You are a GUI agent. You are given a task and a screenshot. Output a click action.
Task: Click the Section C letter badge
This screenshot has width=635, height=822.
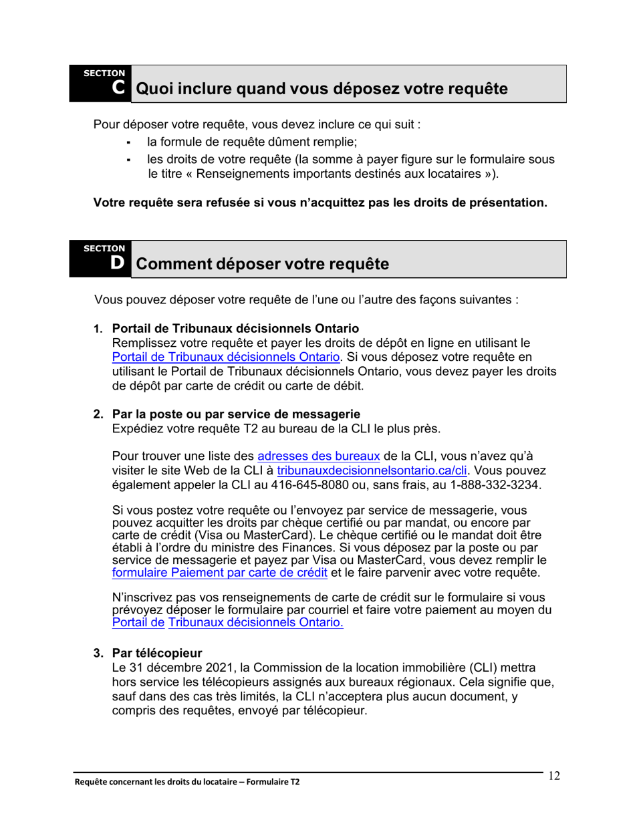118,88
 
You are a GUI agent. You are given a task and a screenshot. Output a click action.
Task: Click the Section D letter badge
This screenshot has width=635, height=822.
118,263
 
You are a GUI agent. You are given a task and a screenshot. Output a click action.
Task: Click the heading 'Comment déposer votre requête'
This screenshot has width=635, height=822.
262,264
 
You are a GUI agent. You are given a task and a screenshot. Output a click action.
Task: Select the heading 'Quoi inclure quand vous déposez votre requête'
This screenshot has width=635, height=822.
321,89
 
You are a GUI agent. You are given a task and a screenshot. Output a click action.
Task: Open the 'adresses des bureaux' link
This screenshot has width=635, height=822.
319,456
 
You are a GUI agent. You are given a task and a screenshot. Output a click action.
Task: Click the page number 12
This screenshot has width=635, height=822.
553,776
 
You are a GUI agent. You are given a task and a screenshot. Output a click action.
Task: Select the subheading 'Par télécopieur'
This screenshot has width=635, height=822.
157,652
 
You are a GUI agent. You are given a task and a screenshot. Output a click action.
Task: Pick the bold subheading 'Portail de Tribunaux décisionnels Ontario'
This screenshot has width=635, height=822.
236,329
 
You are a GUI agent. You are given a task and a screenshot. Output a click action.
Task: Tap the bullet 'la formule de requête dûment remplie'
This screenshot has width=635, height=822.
253,142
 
